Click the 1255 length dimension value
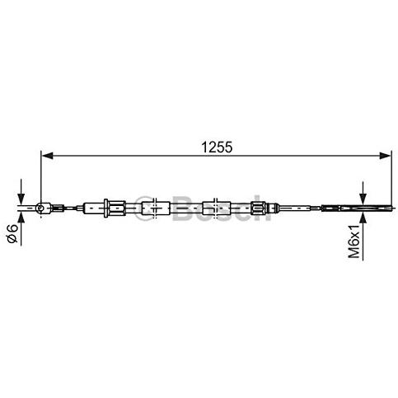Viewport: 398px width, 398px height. (x=217, y=147)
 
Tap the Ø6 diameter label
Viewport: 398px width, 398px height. (x=12, y=233)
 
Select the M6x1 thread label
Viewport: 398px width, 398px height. (x=354, y=241)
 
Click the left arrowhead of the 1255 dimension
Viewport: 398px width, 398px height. (x=47, y=156)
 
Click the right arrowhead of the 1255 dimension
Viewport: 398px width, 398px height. (x=386, y=156)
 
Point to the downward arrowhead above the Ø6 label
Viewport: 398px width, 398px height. (x=21, y=199)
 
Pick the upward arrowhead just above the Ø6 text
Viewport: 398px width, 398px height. (x=21, y=218)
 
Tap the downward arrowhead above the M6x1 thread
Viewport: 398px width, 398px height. (x=363, y=199)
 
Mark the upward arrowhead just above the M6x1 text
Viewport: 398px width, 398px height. (x=363, y=218)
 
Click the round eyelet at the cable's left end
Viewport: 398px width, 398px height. (x=40, y=208)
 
